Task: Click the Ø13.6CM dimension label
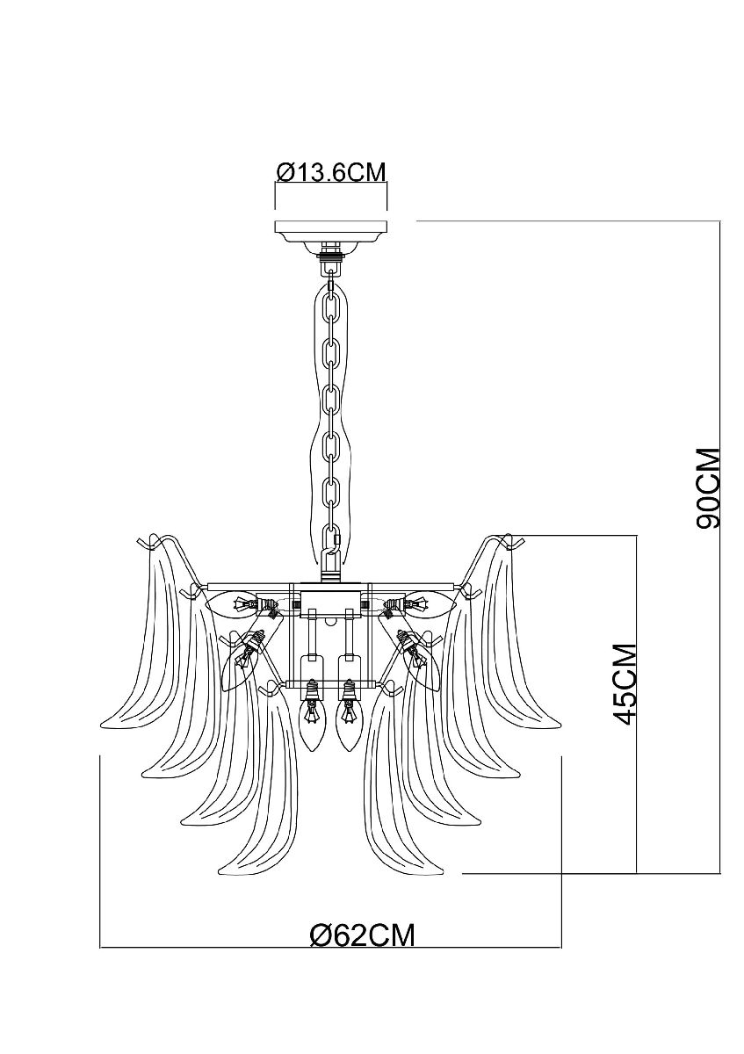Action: point(331,171)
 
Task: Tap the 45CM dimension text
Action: point(625,683)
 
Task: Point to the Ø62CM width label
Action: point(362,935)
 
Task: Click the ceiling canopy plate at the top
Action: point(331,233)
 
